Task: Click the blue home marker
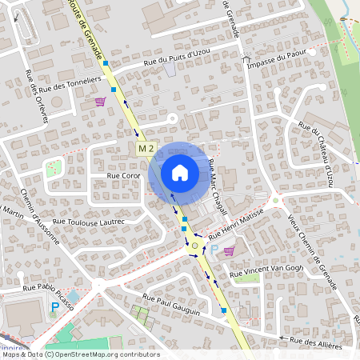pos(179,172)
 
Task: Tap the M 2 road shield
pos(145,149)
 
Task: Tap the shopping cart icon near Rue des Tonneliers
pos(100,102)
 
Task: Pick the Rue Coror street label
pos(123,174)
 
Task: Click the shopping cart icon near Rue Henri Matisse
pos(230,251)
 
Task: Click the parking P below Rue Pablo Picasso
pos(54,307)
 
